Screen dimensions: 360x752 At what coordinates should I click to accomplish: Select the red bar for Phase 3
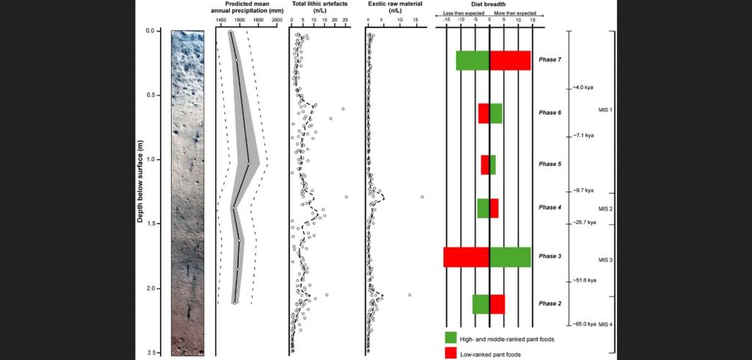(466, 257)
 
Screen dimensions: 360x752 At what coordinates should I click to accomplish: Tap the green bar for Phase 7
(472, 60)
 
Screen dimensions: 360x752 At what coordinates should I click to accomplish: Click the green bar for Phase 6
(496, 113)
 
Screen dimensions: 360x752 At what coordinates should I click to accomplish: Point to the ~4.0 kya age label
(583, 88)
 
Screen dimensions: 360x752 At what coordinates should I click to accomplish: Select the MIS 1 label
(605, 110)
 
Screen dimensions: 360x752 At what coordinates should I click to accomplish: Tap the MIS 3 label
(605, 260)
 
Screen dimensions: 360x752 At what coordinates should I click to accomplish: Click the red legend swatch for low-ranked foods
(451, 353)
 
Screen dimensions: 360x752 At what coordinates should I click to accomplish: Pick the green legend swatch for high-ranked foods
(451, 338)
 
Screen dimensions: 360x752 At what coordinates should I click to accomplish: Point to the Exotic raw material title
(394, 4)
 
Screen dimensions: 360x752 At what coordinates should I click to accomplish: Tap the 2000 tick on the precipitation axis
(277, 22)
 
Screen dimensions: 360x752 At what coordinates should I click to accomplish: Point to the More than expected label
(518, 13)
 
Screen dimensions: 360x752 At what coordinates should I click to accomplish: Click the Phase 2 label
(549, 303)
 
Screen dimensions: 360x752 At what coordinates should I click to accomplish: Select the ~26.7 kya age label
(585, 223)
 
